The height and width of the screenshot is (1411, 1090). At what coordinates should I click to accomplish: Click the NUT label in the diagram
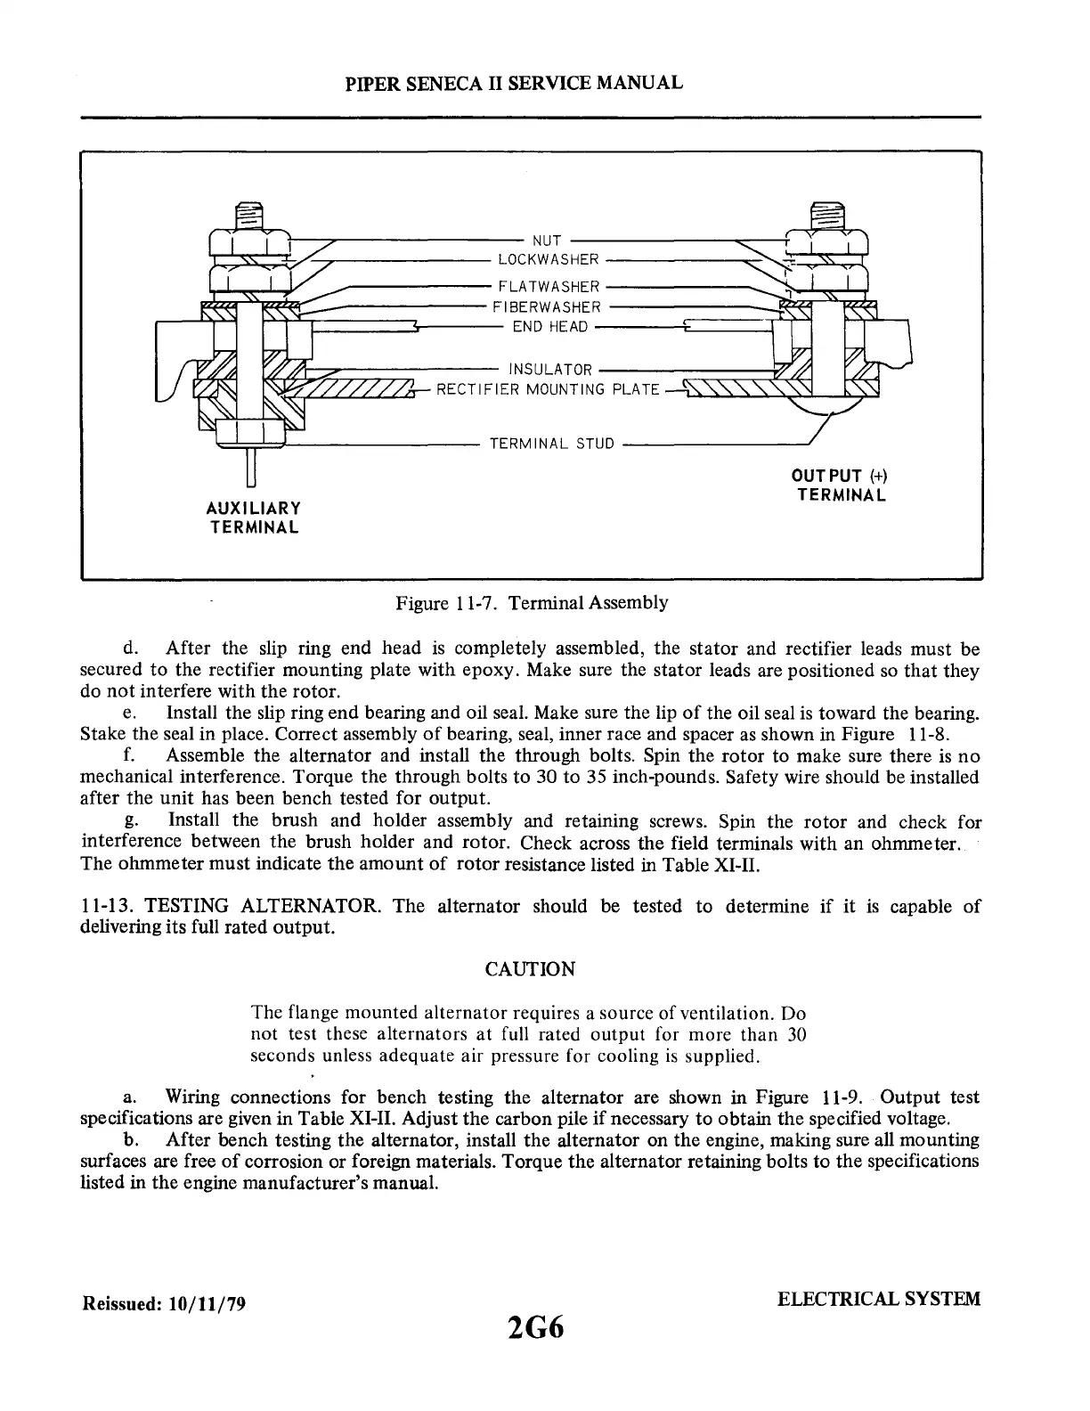pyautogui.click(x=546, y=241)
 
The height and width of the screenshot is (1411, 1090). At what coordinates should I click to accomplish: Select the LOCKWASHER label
pyautogui.click(x=548, y=260)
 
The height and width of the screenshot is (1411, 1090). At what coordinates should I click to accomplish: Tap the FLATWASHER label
pyautogui.click(x=549, y=287)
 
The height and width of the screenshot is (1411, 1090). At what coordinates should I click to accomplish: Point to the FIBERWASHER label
pyautogui.click(x=547, y=307)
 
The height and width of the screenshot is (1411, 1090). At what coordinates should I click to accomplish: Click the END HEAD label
pyautogui.click(x=550, y=327)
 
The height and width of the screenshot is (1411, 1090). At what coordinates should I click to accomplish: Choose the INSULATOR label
pyautogui.click(x=549, y=370)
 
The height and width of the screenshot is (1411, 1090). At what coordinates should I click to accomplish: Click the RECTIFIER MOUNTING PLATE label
pyautogui.click(x=548, y=390)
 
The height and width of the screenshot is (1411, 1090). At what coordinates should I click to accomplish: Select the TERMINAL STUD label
pyautogui.click(x=552, y=444)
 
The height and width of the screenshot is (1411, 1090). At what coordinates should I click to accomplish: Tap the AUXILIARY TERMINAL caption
pyautogui.click(x=253, y=518)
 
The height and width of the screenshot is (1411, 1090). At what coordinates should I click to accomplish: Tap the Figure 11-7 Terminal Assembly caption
pyautogui.click(x=532, y=603)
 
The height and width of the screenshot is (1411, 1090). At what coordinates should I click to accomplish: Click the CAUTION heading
pyautogui.click(x=530, y=969)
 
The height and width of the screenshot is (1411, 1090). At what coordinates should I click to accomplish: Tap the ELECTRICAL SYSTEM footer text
pyautogui.click(x=878, y=1299)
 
